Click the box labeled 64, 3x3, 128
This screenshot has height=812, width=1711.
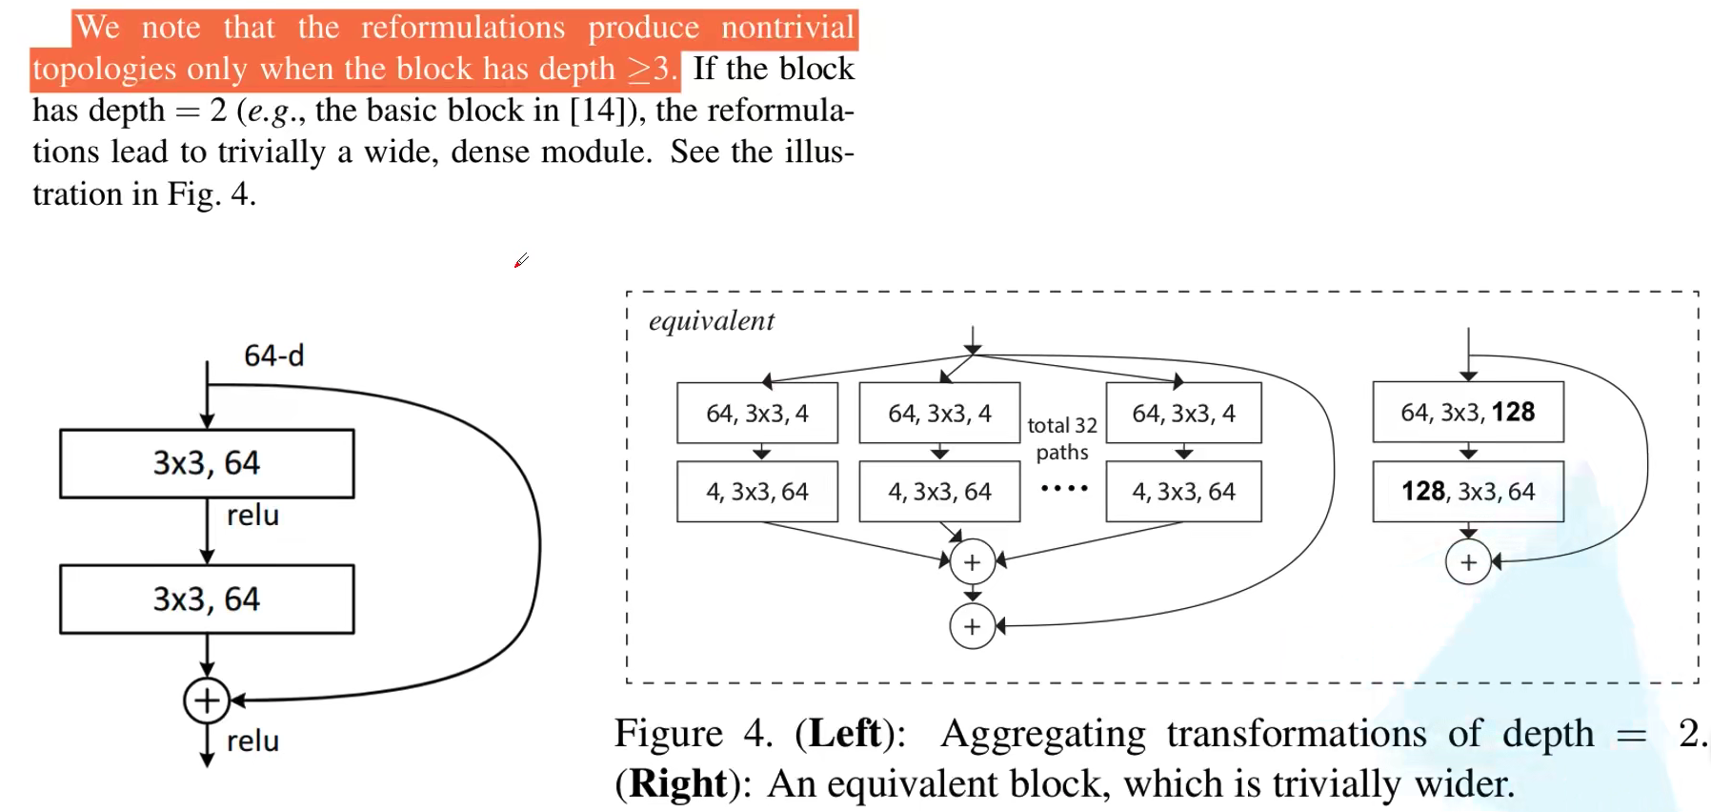point(1467,412)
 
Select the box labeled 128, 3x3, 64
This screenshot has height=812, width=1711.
point(1467,491)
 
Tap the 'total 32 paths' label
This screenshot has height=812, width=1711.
point(1062,438)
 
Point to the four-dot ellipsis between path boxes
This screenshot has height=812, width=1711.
point(1064,488)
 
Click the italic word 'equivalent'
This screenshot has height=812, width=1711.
point(711,321)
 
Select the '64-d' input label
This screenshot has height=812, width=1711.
point(273,355)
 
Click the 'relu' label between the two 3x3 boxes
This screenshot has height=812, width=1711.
point(252,516)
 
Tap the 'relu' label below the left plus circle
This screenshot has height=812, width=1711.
point(252,741)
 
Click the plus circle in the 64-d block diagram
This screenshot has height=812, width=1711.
point(207,700)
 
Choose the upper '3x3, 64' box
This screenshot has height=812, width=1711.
point(207,463)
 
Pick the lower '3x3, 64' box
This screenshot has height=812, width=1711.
point(207,599)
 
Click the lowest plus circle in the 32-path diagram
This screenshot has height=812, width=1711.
point(972,626)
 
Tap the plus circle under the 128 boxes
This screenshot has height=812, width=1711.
point(1468,562)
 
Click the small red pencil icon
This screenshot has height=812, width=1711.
point(521,260)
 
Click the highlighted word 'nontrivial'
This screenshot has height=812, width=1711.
point(788,28)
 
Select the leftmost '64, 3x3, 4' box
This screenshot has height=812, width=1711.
point(757,413)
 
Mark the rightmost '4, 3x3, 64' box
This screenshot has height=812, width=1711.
point(1183,492)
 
